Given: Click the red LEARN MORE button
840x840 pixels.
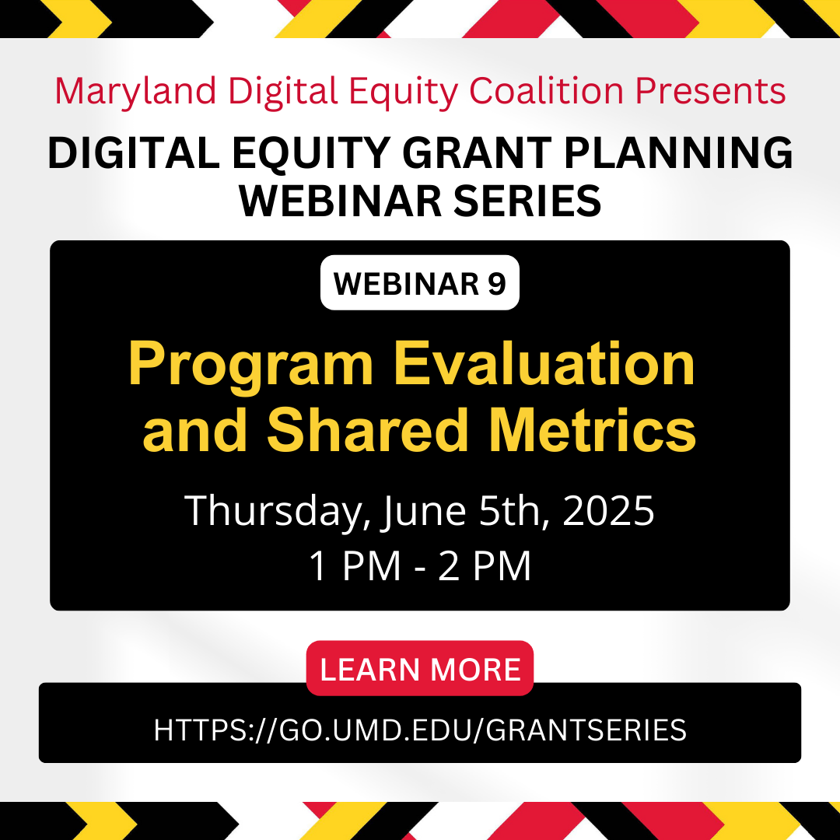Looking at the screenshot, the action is coord(419,668).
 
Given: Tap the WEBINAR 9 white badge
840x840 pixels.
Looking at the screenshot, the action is coord(419,283).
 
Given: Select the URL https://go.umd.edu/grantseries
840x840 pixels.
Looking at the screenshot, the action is coord(420,730).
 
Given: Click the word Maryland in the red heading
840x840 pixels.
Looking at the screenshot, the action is coord(135,92).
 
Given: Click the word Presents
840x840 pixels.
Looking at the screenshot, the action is coord(710,91).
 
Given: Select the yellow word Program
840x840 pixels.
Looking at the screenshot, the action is coord(251,366).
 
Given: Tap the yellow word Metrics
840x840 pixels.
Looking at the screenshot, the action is coord(593,429).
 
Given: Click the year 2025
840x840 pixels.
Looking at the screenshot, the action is coord(608,510).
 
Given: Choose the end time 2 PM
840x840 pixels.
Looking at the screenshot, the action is coord(485,565).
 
